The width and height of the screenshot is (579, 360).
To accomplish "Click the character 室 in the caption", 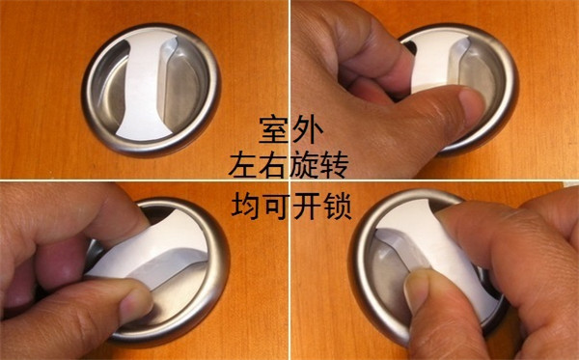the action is pyautogui.click(x=273, y=129).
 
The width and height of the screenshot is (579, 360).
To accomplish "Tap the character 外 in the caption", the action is pyautogui.click(x=308, y=129).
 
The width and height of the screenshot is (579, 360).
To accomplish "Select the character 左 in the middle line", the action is pyautogui.click(x=242, y=166).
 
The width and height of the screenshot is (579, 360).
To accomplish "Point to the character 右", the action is pyautogui.click(x=273, y=166).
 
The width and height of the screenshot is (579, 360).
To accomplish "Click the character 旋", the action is pyautogui.click(x=303, y=166).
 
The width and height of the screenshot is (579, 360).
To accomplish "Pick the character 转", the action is pyautogui.click(x=334, y=166).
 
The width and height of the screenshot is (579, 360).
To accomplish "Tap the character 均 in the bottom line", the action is pyautogui.click(x=246, y=206).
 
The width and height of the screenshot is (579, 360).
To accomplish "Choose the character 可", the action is pyautogui.click(x=277, y=206).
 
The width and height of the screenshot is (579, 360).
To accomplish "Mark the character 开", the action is pyautogui.click(x=307, y=206).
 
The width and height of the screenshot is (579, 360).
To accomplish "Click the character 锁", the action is pyautogui.click(x=337, y=206).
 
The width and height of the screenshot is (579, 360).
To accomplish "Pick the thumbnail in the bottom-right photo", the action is pyautogui.click(x=419, y=294).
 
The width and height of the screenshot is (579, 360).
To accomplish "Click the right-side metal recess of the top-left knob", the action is pyautogui.click(x=183, y=88).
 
